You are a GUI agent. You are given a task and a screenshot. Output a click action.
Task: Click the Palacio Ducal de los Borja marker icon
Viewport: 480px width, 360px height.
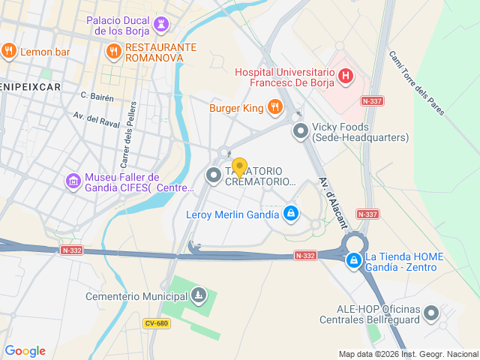pyautogui.click(x=160, y=26)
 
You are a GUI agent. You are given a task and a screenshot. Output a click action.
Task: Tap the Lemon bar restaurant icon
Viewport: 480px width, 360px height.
pyautogui.click(x=9, y=51)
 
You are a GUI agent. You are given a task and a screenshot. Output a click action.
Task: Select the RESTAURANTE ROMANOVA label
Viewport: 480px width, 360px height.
pyautogui.click(x=160, y=52)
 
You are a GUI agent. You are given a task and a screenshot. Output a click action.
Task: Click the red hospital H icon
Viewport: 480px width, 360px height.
pyautogui.click(x=345, y=75)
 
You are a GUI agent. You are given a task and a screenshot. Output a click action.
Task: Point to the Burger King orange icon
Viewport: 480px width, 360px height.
pyautogui.click(x=274, y=108)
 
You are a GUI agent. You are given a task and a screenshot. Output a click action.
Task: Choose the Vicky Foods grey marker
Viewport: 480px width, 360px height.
pyautogui.click(x=301, y=131)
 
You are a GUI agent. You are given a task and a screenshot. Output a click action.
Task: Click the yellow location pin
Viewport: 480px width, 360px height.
pyautogui.click(x=240, y=167)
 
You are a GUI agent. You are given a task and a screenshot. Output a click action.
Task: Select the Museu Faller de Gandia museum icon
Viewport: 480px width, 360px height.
pyautogui.click(x=73, y=181)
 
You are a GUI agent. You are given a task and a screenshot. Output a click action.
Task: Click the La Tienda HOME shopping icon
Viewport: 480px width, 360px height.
pyautogui.click(x=353, y=259)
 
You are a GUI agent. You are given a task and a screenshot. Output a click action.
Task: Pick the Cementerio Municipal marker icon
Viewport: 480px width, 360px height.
pyautogui.click(x=198, y=295)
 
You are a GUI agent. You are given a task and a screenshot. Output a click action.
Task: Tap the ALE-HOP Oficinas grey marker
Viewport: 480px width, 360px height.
pyautogui.click(x=431, y=313)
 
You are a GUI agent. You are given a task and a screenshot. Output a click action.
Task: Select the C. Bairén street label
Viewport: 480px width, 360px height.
pyautogui.click(x=97, y=96)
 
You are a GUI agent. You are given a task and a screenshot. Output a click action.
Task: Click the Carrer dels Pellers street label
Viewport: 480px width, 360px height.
pyautogui.click(x=126, y=134)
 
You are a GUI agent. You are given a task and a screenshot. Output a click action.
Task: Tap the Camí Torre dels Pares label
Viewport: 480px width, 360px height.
pyautogui.click(x=417, y=82)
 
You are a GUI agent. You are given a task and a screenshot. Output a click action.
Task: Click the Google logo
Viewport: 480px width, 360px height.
pyautogui.click(x=25, y=351)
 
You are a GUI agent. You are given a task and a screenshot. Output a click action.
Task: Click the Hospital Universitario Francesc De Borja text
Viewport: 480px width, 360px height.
pyautogui.click(x=285, y=78)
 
